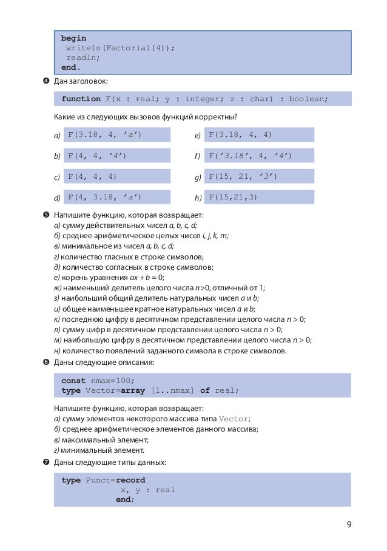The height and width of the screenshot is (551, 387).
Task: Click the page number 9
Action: click(x=349, y=525)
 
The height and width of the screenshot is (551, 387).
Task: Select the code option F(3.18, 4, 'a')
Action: click(x=104, y=135)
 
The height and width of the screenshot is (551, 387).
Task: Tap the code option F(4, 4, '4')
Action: click(x=97, y=156)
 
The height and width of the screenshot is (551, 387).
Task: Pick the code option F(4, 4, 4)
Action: click(x=92, y=176)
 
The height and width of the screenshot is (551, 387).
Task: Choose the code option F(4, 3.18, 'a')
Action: click(x=104, y=197)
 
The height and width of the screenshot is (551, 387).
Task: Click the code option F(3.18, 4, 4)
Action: click(x=240, y=135)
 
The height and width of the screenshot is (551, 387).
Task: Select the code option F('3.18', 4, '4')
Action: click(x=250, y=156)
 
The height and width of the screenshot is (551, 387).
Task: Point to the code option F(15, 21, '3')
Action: click(x=243, y=176)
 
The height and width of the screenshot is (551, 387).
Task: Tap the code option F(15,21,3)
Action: click(x=233, y=197)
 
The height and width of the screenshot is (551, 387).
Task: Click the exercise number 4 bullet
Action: click(x=46, y=81)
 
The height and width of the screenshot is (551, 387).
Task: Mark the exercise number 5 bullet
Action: click(x=46, y=215)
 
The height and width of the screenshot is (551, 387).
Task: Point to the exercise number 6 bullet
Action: click(x=46, y=362)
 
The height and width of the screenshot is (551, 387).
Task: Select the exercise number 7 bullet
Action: click(x=46, y=463)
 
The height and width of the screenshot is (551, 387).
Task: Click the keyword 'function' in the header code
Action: click(x=81, y=99)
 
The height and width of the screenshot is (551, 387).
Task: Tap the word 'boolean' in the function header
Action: click(x=308, y=99)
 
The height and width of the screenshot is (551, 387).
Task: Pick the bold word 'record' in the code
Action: click(x=130, y=480)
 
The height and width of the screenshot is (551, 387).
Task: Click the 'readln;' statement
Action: click(x=83, y=58)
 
